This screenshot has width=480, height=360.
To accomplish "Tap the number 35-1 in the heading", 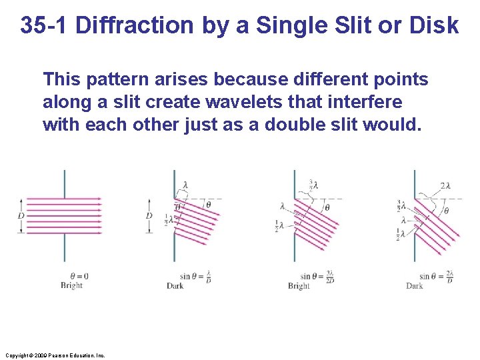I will (45, 25).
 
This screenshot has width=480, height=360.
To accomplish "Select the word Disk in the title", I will (436, 25).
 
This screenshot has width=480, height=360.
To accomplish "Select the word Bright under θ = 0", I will (71, 285).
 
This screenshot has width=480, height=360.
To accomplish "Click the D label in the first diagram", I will (21, 215).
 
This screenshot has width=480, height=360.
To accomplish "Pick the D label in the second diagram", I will (149, 215).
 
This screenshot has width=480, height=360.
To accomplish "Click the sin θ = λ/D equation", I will (194, 276).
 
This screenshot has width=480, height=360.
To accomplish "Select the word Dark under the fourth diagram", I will (415, 286).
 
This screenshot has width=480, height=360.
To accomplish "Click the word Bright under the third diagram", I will (299, 286).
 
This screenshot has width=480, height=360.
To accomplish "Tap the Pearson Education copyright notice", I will (53, 355).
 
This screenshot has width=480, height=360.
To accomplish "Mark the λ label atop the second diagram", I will (185, 185).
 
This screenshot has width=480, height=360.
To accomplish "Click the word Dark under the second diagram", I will (175, 286).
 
